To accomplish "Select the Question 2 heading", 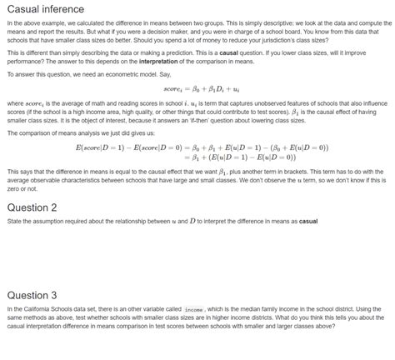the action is click(x=32, y=207).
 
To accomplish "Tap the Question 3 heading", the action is click(x=32, y=294).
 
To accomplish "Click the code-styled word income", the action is click(x=194, y=310).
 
